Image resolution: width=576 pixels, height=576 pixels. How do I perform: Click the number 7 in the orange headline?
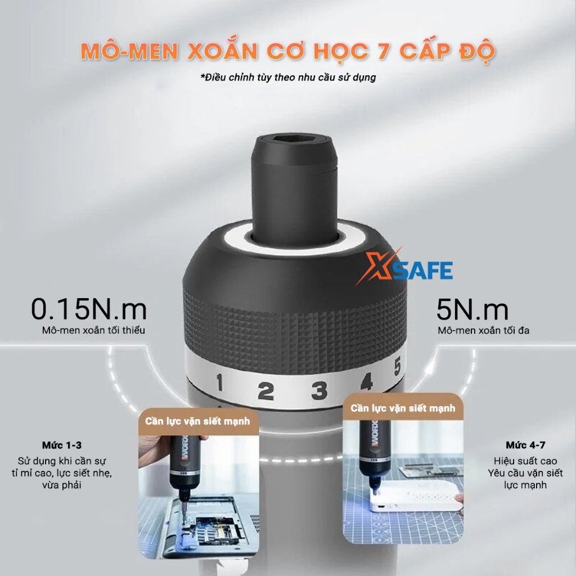tap(383, 51)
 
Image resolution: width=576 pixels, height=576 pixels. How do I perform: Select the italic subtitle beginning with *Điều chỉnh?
tap(288, 78)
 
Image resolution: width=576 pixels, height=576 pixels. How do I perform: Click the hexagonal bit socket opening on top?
tap(293, 140)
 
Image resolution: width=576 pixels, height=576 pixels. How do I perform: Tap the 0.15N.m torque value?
tap(89, 309)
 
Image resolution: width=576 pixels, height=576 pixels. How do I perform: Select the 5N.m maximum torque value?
tap(472, 309)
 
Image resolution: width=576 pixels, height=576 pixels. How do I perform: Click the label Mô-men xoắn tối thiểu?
tap(93, 330)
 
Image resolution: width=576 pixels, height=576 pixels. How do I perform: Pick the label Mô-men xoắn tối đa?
tap(483, 330)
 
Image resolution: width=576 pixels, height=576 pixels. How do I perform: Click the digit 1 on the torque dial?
tap(220, 382)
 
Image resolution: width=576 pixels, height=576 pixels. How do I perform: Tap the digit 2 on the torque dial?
tap(266, 391)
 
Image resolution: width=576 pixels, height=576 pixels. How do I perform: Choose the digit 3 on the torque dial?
tap(319, 390)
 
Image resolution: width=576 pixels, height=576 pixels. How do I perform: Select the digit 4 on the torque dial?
tap(367, 381)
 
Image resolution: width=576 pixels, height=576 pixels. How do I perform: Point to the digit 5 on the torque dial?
tap(397, 367)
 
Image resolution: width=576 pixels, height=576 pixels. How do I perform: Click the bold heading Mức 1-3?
tap(62, 445)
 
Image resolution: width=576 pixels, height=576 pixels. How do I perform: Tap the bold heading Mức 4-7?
tap(525, 445)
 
